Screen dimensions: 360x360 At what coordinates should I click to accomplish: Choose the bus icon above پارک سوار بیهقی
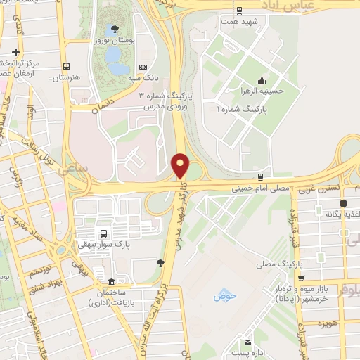coord(103,233)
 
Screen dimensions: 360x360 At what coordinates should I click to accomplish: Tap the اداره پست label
coord(250,352)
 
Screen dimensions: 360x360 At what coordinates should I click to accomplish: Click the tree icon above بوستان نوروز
coord(115,30)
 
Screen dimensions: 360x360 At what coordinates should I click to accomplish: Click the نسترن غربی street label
coord(320,190)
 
